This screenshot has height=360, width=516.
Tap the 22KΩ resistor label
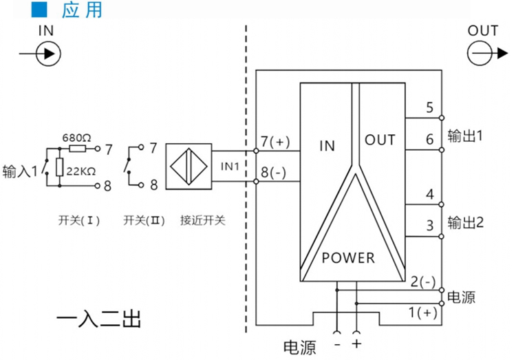(x=81, y=171)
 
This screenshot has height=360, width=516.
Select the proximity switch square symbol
(x=188, y=167)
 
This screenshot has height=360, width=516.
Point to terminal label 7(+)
(x=275, y=142)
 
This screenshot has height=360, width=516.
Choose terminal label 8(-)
(x=274, y=172)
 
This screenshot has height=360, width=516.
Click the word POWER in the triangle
(x=349, y=258)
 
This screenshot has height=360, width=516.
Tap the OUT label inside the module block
(x=380, y=140)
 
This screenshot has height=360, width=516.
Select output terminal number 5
(x=429, y=107)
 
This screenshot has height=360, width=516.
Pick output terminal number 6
(x=429, y=140)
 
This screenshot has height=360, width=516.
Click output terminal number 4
(x=429, y=194)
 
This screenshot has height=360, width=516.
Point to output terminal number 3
(x=429, y=225)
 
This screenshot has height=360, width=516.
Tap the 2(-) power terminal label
(x=422, y=281)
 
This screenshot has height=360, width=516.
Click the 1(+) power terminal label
(x=422, y=313)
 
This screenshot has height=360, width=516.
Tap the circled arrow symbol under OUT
(x=482, y=54)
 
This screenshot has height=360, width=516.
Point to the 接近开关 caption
(x=203, y=221)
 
